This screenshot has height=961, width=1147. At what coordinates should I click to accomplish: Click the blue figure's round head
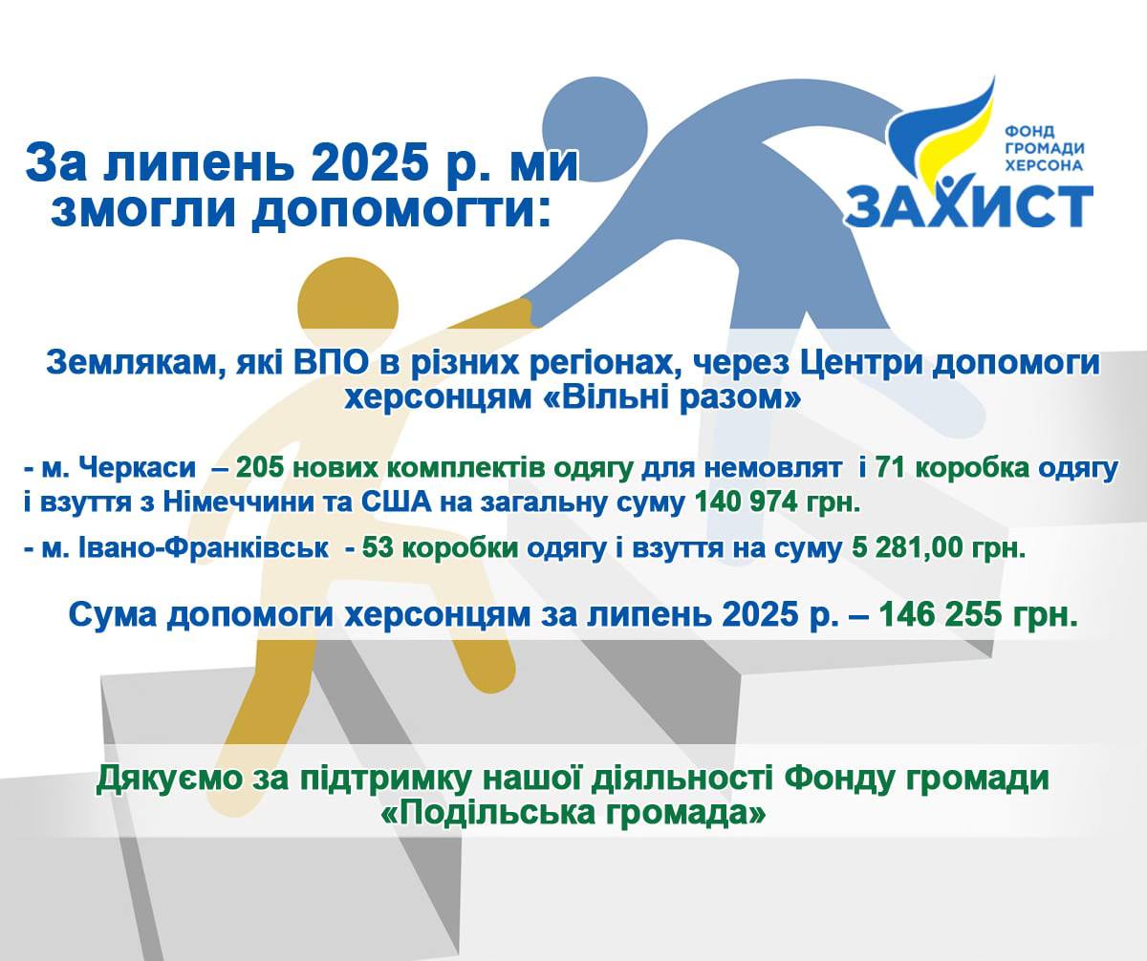pyautogui.click(x=595, y=138)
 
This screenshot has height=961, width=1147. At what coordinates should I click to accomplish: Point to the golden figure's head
pyautogui.click(x=348, y=307)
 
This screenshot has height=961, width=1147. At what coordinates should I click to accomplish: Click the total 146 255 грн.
pyautogui.click(x=979, y=615)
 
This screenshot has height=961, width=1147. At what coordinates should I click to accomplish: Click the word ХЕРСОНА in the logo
pyautogui.click(x=1044, y=164)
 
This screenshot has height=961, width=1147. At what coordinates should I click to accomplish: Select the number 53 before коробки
pyautogui.click(x=379, y=548)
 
